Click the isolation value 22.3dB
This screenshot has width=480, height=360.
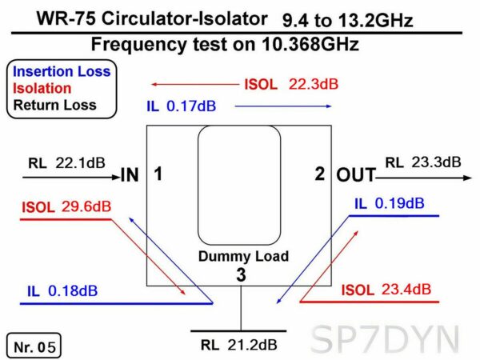tap(314, 84)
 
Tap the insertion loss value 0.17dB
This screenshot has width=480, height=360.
tap(191, 106)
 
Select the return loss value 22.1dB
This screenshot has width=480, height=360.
tap(80, 163)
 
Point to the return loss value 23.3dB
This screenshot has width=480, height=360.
tap(436, 162)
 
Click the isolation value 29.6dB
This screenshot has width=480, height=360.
tap(86, 206)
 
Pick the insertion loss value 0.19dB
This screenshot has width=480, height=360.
tap(400, 203)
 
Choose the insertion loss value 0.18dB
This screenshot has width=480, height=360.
tap(73, 290)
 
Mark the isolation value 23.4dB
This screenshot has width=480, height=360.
tap(406, 290)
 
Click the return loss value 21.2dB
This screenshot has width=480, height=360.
tap(252, 345)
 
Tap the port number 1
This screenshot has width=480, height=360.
tap(158, 174)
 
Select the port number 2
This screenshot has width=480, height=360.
tap(320, 174)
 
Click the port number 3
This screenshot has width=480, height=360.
tap(241, 274)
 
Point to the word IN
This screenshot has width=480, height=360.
tap(130, 174)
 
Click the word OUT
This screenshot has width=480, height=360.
tap(356, 175)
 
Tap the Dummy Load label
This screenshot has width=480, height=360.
tap(244, 256)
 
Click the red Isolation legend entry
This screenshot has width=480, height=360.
tap(42, 89)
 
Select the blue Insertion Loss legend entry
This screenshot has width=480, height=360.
tap(62, 72)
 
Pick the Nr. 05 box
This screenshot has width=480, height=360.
tap(34, 346)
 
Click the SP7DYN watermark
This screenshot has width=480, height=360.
tap(385, 339)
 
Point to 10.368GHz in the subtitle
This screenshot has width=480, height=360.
tap(310, 44)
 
